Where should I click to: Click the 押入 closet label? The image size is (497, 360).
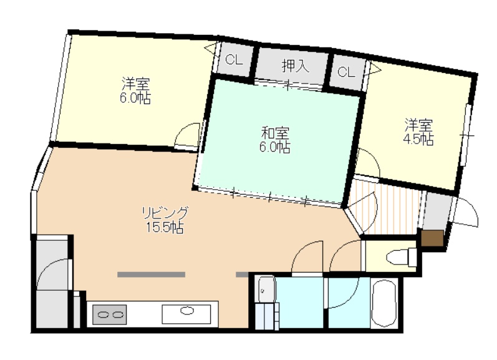click(x=296, y=66)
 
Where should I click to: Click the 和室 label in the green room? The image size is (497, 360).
click(x=275, y=133)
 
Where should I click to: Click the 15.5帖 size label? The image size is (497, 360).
click(x=165, y=228)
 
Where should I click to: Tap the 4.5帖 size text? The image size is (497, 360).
click(x=418, y=139)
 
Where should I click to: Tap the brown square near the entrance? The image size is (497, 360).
click(x=432, y=238)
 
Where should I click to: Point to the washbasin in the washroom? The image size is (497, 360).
click(x=265, y=289)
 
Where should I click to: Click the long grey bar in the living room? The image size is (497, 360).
click(x=151, y=275)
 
